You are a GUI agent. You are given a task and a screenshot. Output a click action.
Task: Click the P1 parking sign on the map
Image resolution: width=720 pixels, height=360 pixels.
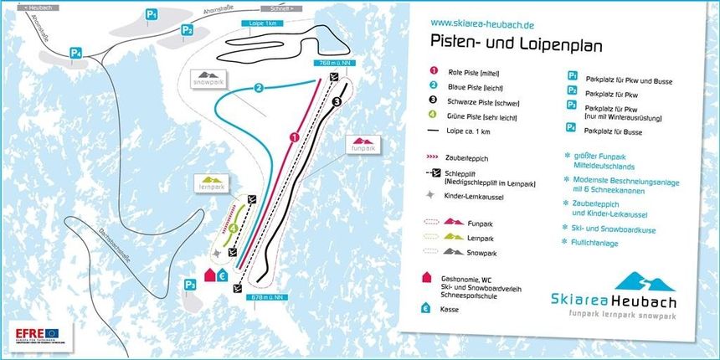click(x=152, y=14)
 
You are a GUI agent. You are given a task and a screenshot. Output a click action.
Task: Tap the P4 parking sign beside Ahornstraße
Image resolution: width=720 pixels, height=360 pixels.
click(x=76, y=53)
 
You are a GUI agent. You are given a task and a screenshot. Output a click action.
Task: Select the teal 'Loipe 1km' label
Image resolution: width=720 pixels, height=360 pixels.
click(x=264, y=24)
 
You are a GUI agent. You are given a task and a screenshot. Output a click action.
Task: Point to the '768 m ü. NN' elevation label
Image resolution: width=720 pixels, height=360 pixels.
click(x=332, y=62)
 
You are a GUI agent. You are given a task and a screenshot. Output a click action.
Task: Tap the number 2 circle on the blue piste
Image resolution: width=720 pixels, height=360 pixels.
click(x=260, y=87)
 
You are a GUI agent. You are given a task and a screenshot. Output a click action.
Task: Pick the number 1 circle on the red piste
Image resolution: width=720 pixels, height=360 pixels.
click(x=294, y=136)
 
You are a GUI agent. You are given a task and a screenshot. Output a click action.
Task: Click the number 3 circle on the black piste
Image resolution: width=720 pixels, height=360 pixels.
click(x=337, y=102)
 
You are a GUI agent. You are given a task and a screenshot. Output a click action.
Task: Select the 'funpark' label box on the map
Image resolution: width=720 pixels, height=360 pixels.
click(x=362, y=144)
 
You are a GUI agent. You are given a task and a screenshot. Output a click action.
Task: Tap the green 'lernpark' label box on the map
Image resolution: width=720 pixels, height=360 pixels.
click(x=210, y=183)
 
